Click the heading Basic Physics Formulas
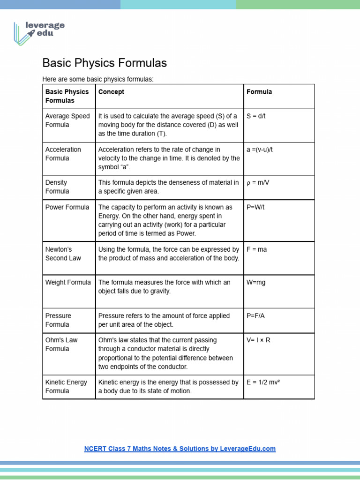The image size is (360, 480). click(105, 63)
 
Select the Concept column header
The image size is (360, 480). click(111, 92)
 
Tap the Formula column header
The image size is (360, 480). click(259, 92)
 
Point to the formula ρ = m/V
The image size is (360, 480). click(258, 182)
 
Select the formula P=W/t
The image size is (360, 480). click(255, 207)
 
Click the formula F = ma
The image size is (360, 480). click(256, 249)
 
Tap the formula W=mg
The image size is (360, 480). click(256, 283)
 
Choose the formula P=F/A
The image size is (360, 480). click(255, 316)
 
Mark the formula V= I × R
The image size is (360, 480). click(258, 340)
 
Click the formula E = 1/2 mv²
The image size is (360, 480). click(263, 382)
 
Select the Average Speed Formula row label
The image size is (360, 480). click(67, 120)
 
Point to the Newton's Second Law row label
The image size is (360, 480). click(63, 254)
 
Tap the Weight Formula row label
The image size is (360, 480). click(68, 283)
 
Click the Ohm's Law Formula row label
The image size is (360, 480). click(61, 344)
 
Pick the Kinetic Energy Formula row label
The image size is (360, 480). click(66, 386)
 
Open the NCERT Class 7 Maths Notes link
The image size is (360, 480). click(180, 449)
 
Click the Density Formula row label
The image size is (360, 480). click(57, 187)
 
